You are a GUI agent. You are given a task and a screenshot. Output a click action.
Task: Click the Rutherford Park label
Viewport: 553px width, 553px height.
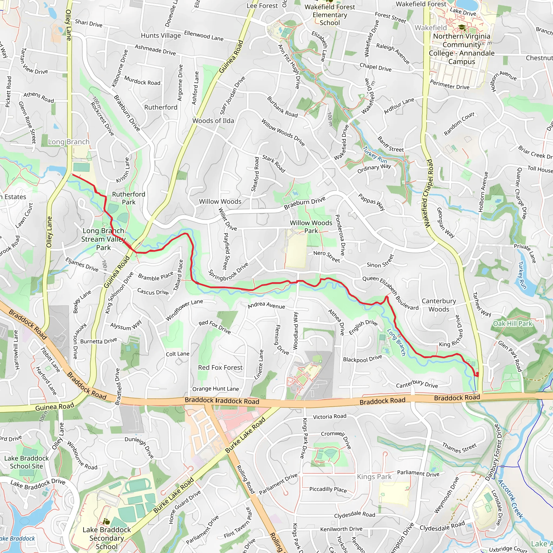129,198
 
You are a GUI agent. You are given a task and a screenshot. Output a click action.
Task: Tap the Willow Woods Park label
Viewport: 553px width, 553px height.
311,227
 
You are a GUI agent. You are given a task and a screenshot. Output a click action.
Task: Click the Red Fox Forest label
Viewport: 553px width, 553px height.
220,367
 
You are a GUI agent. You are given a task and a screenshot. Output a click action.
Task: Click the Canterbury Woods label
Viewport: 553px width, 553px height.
439,305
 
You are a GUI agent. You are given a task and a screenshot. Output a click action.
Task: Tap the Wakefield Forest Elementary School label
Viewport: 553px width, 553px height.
330,15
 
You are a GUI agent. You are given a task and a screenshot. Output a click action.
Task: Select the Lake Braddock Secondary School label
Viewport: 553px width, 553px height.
106,538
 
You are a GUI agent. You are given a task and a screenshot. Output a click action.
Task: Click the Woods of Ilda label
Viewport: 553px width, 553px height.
213,121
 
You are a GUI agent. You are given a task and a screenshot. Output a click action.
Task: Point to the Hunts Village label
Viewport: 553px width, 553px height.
161,35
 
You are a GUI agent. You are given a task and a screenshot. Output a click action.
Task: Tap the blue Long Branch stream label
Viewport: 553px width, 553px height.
396,342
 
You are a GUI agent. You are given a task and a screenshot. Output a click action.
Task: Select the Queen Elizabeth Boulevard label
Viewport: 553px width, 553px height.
390,294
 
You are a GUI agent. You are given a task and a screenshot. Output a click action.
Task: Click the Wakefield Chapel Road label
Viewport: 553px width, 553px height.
428,194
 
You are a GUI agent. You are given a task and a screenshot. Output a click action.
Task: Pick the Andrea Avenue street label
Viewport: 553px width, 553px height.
266,306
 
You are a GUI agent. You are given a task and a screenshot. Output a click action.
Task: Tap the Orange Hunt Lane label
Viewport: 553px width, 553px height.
215,389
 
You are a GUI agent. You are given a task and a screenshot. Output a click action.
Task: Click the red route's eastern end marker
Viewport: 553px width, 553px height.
477,374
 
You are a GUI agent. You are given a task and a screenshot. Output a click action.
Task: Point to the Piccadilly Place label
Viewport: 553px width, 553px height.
328,489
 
